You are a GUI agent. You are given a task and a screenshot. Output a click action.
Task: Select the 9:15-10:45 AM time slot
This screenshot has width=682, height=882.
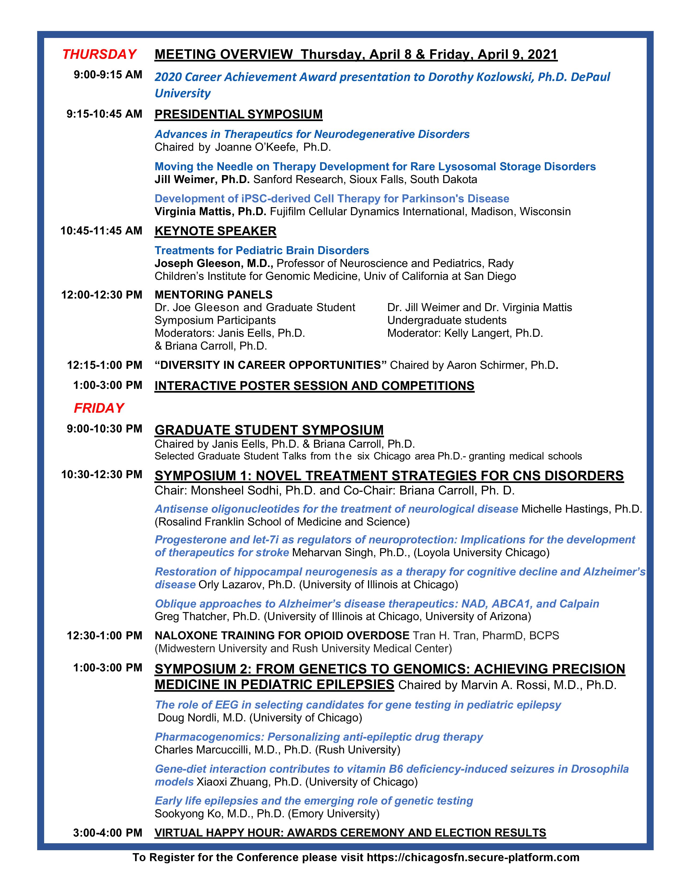click(104, 114)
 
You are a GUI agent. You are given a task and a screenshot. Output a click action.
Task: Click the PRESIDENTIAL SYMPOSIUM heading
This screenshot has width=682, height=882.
click(238, 114)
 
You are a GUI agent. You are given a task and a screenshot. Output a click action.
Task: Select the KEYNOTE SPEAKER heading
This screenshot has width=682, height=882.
click(215, 231)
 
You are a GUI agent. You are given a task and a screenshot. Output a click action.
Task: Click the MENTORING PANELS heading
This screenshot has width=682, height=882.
click(213, 295)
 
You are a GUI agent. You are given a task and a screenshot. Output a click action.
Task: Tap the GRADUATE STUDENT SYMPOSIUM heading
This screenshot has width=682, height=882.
click(269, 430)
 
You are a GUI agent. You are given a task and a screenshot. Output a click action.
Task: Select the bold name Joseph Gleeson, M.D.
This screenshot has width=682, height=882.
click(214, 263)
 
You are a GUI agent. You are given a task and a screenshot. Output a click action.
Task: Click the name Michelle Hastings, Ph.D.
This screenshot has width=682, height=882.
click(581, 509)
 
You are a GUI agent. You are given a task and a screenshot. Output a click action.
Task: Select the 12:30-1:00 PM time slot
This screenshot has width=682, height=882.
click(104, 635)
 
